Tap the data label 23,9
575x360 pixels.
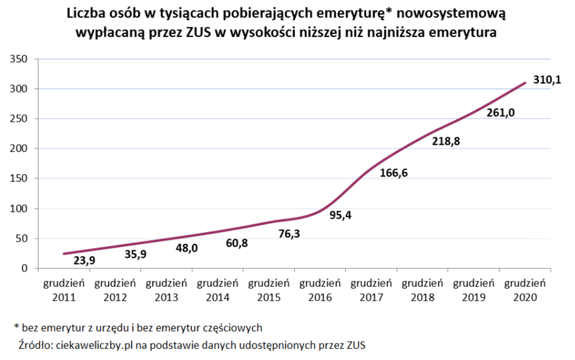coord(84,260)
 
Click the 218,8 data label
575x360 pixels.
coord(447,142)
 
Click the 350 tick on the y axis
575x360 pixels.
coord(19,59)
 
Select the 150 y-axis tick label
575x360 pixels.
coord(19,179)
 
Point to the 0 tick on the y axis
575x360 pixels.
coord(24,269)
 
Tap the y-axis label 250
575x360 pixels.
coord(19,119)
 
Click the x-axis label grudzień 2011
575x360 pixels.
coord(64,290)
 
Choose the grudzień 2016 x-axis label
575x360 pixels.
coord(320,290)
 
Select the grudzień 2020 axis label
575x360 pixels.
coord(525,290)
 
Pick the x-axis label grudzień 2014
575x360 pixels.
coord(217,290)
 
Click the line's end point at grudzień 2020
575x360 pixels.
coord(525,83)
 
